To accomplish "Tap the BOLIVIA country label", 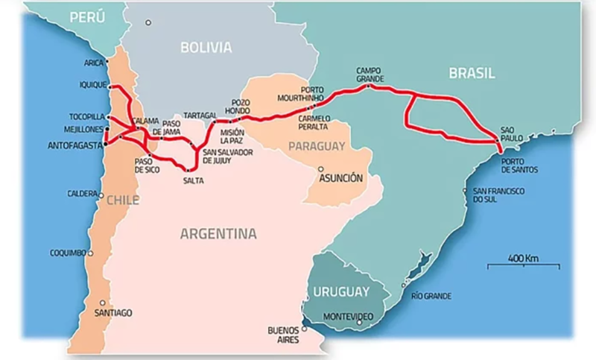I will click(206, 48).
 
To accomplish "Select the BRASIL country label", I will click(472, 72).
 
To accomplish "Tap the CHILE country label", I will click(123, 200).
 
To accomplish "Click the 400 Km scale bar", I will click(523, 263).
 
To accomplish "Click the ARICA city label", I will click(93, 63).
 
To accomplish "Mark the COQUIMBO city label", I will click(69, 253).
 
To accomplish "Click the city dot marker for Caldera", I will click(101, 195).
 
